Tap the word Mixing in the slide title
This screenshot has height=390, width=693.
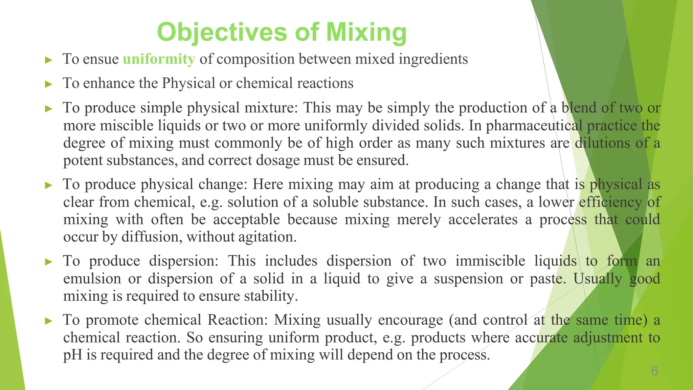(x=366, y=32)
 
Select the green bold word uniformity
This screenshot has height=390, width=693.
(x=159, y=59)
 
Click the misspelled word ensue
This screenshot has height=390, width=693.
(x=101, y=59)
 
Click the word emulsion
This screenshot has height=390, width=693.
(x=92, y=279)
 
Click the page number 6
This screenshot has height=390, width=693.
(x=654, y=371)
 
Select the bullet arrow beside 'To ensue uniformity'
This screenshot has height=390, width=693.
(x=49, y=60)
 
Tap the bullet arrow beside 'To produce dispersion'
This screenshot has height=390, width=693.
(x=49, y=262)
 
